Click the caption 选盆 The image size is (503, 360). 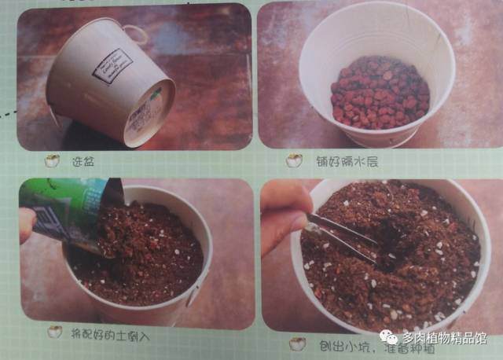click(83, 161)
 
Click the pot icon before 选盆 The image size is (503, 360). click(53, 161)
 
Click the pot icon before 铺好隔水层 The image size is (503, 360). click(294, 161)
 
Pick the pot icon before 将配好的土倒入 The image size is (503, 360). click(54, 332)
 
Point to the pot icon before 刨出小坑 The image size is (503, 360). click(297, 343)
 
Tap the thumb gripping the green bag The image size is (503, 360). click(28, 224)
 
